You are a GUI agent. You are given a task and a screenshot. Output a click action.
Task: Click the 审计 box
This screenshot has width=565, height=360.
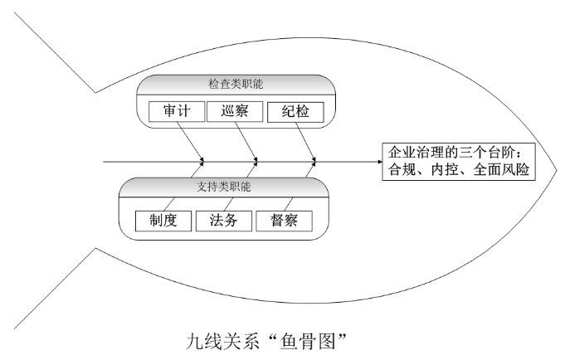tap(173, 110)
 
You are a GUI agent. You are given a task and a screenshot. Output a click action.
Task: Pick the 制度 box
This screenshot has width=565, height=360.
tap(163, 221)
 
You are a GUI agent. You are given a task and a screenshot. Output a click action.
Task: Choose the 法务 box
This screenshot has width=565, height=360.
tap(223, 221)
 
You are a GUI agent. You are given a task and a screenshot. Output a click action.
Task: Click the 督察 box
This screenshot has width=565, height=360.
tap(284, 221)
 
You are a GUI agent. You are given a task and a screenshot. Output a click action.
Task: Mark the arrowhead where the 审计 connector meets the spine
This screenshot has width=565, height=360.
tap(202, 159)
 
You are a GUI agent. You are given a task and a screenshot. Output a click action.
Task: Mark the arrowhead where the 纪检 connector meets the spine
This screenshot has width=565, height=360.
tap(314, 159)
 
